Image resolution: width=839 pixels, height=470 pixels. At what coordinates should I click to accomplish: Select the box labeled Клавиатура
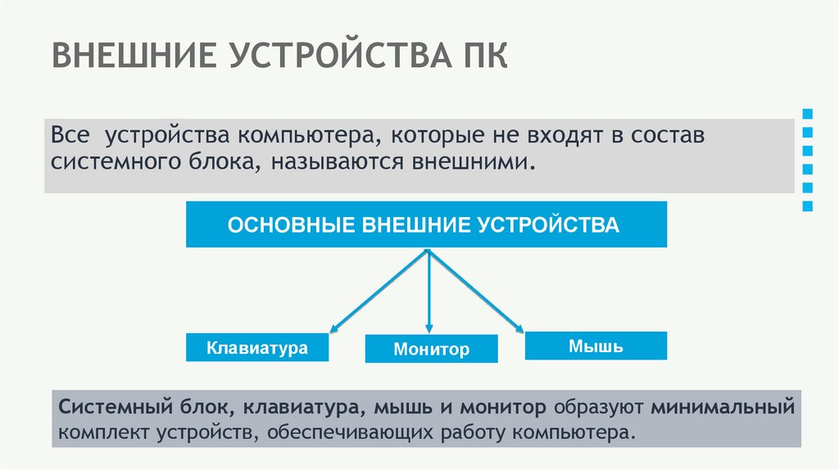[x=257, y=347]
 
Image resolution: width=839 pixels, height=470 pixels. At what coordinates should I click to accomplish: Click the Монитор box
[x=431, y=350]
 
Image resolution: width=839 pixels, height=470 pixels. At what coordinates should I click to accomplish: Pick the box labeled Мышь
[x=596, y=346]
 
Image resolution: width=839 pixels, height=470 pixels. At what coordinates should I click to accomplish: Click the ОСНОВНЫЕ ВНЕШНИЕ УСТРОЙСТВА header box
[x=425, y=224]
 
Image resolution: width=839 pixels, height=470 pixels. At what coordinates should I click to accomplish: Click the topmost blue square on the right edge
[x=808, y=112]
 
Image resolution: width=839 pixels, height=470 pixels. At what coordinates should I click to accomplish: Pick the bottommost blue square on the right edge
[x=808, y=206]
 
